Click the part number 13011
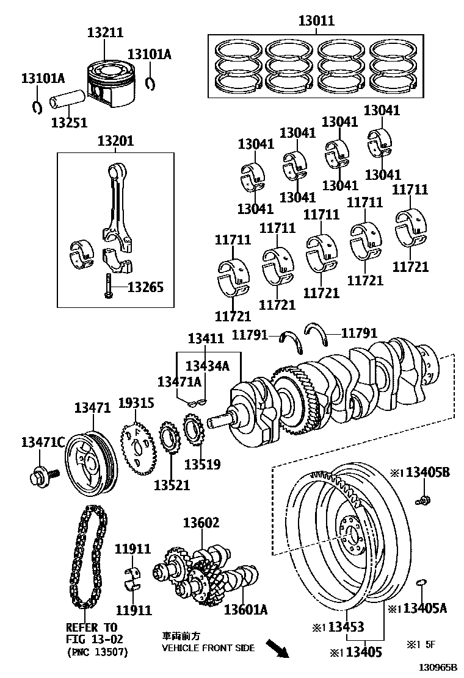click(316, 21)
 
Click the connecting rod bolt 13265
click(108, 286)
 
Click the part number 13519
click(202, 464)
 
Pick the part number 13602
click(201, 523)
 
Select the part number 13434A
click(207, 366)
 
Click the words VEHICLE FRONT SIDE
click(208, 648)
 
